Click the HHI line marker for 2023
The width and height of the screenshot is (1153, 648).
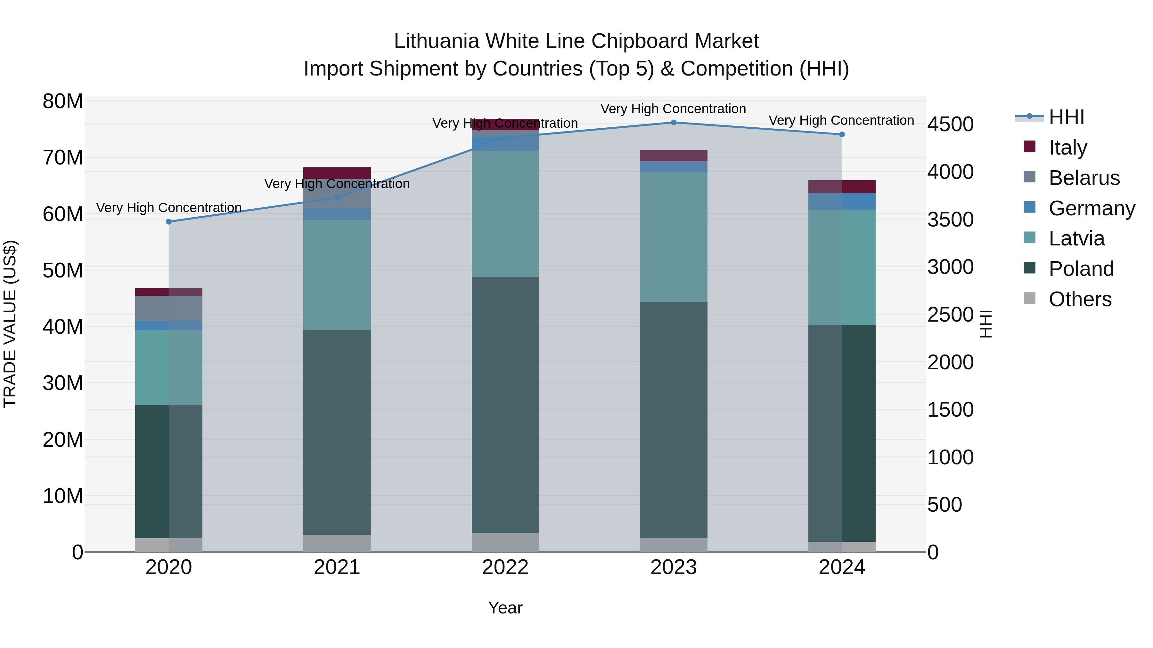click(x=673, y=123)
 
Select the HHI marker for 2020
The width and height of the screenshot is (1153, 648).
click(x=169, y=222)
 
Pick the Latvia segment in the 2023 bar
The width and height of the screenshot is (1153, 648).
click(x=673, y=237)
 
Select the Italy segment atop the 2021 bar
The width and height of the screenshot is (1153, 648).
click(x=337, y=173)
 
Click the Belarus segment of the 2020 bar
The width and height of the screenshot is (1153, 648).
click(x=169, y=308)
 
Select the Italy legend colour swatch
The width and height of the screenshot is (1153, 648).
click(x=1029, y=147)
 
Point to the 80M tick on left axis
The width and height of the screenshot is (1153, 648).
click(x=63, y=101)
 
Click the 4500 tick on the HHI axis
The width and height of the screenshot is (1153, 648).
click(x=950, y=124)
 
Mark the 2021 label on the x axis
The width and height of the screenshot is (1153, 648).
click(x=337, y=567)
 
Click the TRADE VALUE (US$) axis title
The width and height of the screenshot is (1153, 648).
click(x=10, y=324)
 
